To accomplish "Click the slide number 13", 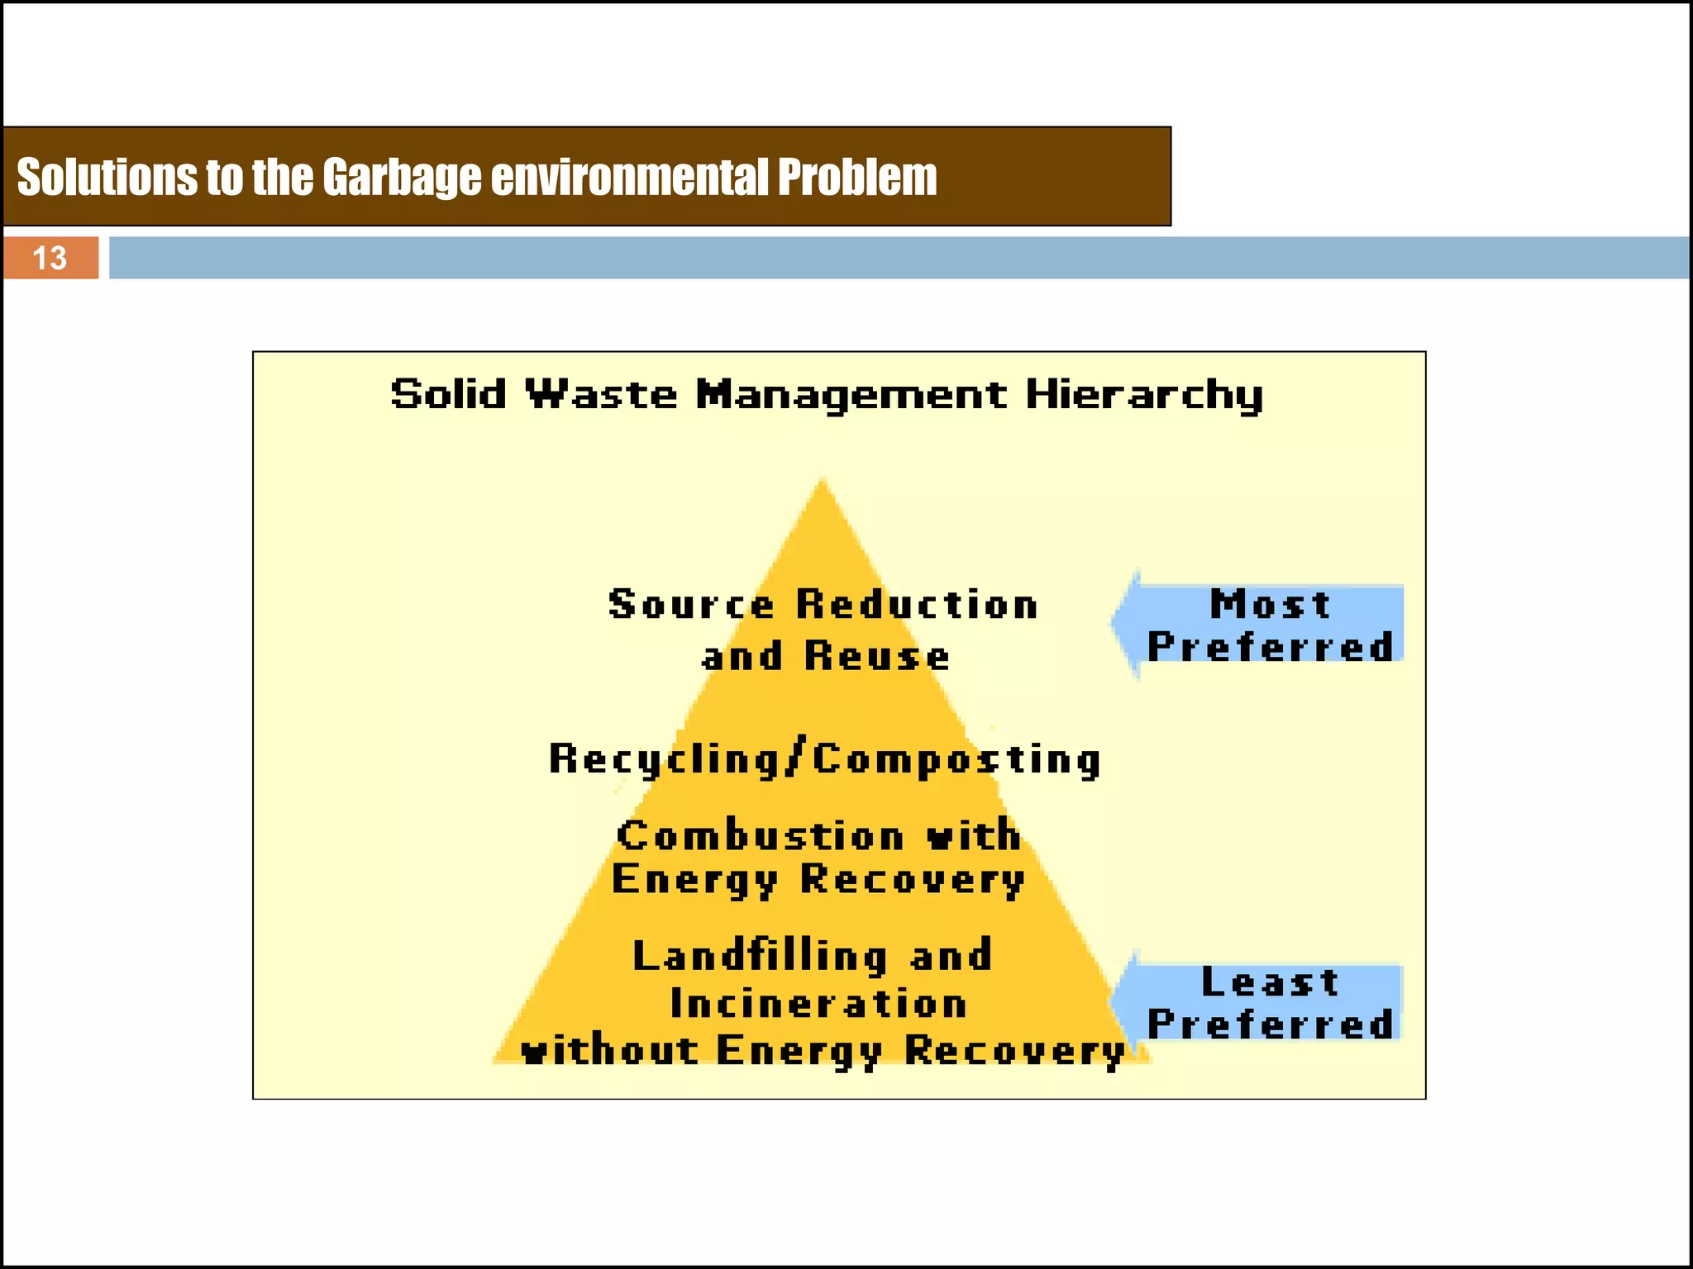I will pyautogui.click(x=50, y=258).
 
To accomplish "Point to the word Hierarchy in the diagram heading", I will pyautogui.click(x=1144, y=395).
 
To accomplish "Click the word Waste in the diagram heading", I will pyautogui.click(x=602, y=394).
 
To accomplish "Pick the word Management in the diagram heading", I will pyautogui.click(x=851, y=395).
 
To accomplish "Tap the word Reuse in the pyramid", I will pyautogui.click(x=877, y=657).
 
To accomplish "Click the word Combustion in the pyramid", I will pyautogui.click(x=761, y=835).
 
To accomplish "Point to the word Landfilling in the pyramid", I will pyautogui.click(x=760, y=956).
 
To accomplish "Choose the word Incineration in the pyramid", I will pyautogui.click(x=818, y=1004).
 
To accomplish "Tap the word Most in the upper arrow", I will pyautogui.click(x=1271, y=604).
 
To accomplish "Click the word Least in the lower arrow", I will pyautogui.click(x=1270, y=982).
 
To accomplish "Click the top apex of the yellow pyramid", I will pyautogui.click(x=822, y=480).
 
